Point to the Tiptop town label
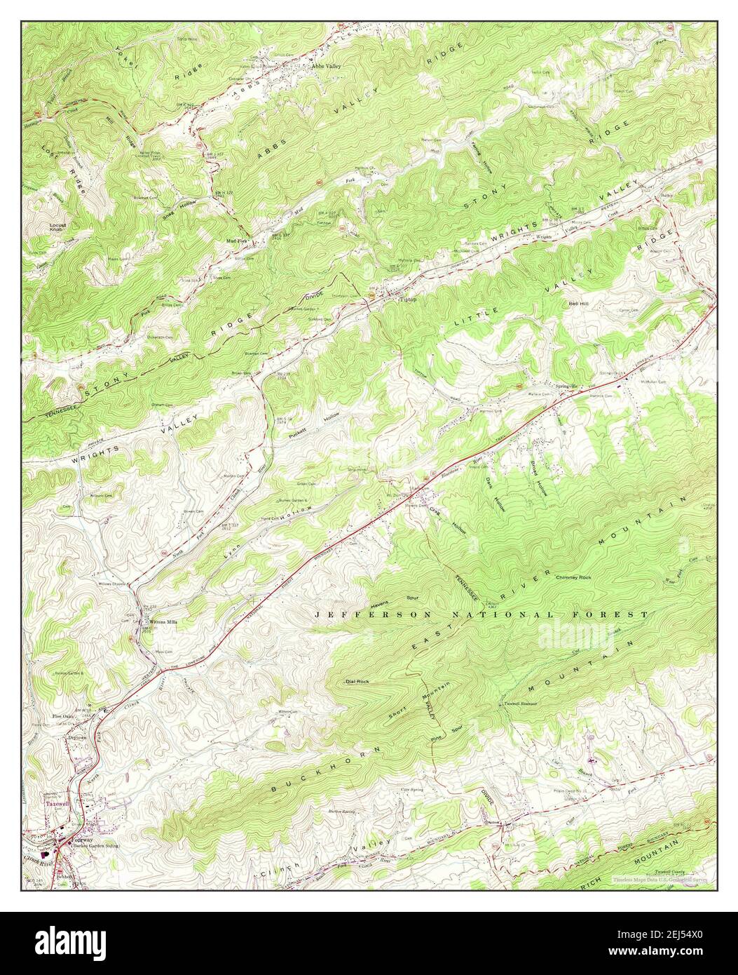click(x=408, y=299)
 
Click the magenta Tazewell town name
click(x=55, y=804)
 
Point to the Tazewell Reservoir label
click(x=519, y=704)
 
